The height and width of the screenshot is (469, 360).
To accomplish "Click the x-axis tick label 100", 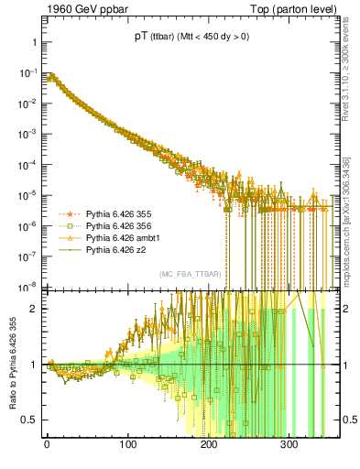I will click(128, 445).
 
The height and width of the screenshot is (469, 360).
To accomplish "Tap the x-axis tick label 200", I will click(209, 445).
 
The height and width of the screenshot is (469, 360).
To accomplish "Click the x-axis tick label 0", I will click(47, 445).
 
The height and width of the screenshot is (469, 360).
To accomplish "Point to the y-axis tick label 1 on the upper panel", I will click(34, 43).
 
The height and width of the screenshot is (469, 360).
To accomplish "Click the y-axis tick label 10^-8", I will click(27, 285).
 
